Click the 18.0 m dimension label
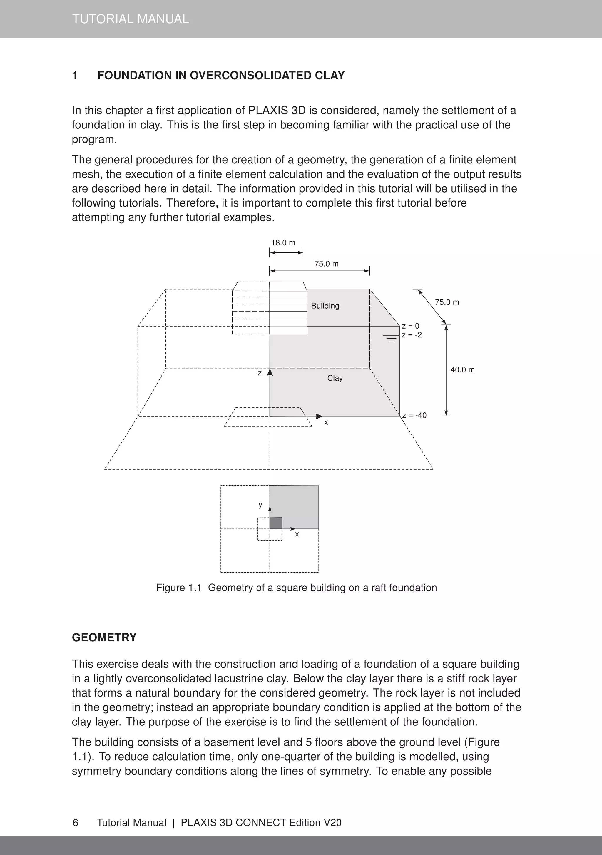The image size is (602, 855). pyautogui.click(x=283, y=243)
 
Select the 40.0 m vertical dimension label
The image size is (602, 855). pyautogui.click(x=462, y=370)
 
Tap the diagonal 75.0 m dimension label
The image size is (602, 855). pyautogui.click(x=447, y=302)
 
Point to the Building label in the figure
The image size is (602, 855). pyautogui.click(x=325, y=306)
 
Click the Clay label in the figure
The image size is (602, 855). pyautogui.click(x=335, y=378)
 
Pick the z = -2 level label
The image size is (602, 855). pyautogui.click(x=412, y=335)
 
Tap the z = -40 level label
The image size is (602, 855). pyautogui.click(x=414, y=415)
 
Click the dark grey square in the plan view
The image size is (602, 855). pyautogui.click(x=276, y=523)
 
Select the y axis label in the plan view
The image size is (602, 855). pyautogui.click(x=260, y=505)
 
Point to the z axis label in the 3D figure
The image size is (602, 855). pyautogui.click(x=260, y=373)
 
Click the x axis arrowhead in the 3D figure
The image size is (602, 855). pyautogui.click(x=319, y=416)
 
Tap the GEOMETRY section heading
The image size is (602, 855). pyautogui.click(x=104, y=637)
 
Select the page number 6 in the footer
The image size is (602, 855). pyautogui.click(x=75, y=823)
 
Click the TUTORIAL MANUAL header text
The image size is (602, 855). pyautogui.click(x=131, y=19)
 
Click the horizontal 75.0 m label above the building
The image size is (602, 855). pyautogui.click(x=326, y=264)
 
